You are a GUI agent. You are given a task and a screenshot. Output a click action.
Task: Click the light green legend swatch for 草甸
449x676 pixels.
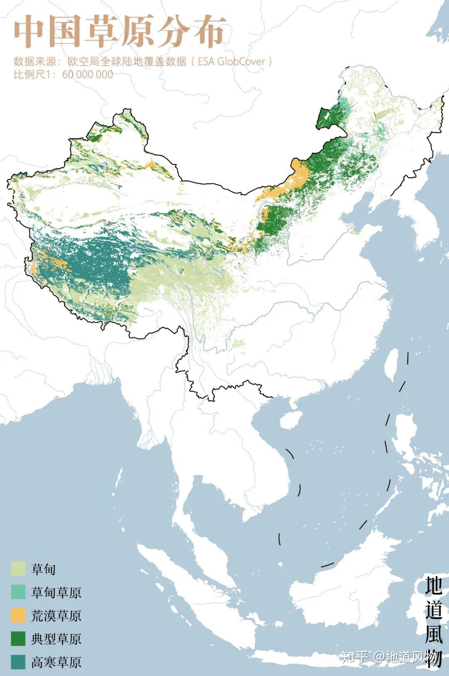coord(18,568)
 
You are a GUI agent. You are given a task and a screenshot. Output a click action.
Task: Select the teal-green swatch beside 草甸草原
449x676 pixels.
coord(18,592)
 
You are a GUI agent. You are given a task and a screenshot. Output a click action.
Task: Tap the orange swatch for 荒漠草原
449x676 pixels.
coord(18,615)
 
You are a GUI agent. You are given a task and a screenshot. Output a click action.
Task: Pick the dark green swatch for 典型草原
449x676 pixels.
coord(18,638)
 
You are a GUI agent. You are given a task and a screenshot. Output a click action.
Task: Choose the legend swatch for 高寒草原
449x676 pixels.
coord(18,661)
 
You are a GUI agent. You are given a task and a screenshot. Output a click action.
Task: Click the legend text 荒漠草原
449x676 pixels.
coord(56,615)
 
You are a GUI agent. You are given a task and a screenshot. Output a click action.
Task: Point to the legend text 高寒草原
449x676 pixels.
coord(56,662)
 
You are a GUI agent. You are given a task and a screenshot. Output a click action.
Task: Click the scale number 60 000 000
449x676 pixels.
coord(88,74)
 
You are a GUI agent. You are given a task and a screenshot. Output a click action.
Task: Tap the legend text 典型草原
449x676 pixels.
coord(56,639)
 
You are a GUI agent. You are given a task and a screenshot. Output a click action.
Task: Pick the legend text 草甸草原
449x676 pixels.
coord(56,592)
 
